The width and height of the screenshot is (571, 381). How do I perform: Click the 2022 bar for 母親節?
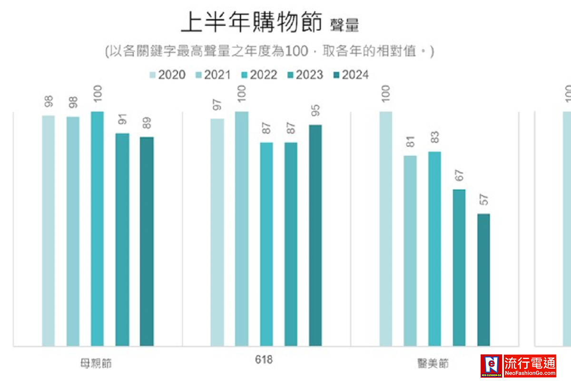[98, 229]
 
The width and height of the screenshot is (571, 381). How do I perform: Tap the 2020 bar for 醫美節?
[386, 229]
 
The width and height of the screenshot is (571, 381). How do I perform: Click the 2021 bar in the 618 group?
[241, 229]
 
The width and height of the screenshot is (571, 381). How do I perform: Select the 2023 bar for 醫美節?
[459, 267]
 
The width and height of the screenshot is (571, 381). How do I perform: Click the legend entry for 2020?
[167, 75]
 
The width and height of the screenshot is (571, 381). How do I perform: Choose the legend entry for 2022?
[259, 75]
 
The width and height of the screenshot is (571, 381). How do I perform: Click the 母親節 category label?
[96, 363]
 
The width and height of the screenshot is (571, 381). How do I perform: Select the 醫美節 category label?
[432, 363]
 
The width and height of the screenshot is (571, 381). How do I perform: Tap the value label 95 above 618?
[315, 110]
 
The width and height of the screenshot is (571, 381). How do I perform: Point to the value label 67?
[459, 175]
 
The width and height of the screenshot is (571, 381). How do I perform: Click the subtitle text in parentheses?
[269, 51]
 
